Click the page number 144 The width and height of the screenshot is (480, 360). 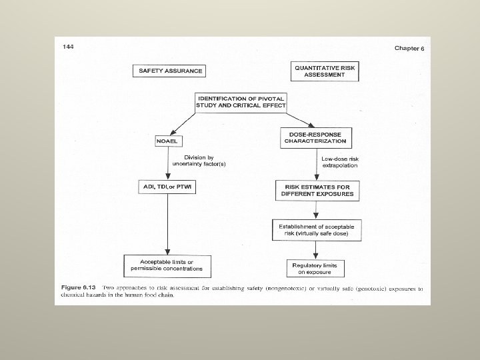[x=67, y=46]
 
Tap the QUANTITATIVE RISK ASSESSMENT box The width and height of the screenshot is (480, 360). [x=320, y=71]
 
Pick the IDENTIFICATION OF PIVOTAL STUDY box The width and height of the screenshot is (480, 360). [x=241, y=103]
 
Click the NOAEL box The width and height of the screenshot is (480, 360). [x=166, y=141]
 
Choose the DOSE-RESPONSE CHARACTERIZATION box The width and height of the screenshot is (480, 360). [x=315, y=138]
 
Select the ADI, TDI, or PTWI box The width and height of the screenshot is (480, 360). [x=167, y=186]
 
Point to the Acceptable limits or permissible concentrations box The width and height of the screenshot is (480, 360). [x=165, y=266]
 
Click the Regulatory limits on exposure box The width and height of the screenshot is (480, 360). [x=315, y=268]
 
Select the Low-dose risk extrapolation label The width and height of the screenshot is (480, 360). [x=341, y=161]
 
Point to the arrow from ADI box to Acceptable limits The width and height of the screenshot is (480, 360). [x=166, y=223]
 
